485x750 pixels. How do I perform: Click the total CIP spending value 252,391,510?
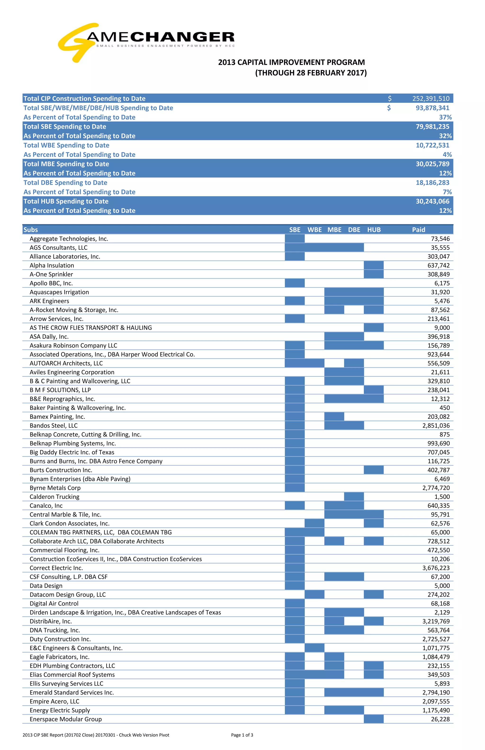pos(431,99)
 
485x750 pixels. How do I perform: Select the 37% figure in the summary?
pos(445,117)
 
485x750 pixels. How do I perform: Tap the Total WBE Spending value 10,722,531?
pos(432,145)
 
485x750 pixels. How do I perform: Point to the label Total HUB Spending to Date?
pos(66,201)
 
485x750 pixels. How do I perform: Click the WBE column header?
pos(315,230)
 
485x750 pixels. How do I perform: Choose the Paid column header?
pos(418,230)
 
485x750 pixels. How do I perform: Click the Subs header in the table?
pos(31,230)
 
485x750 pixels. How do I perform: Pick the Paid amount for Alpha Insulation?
pos(438,265)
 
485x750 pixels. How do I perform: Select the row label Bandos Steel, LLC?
pos(54,425)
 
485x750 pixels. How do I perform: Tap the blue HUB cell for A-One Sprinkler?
pos(373,274)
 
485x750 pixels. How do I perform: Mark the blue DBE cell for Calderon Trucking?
pos(354,497)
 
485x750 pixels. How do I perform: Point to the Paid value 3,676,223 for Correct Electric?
pos(436,568)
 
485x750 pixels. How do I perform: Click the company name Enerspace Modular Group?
pos(66,719)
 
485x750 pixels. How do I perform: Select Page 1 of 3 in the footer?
pos(242,735)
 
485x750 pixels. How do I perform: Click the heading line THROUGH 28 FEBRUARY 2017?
pos(311,73)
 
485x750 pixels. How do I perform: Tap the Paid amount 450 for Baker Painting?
pos(444,408)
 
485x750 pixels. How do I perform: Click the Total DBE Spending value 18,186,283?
pos(432,183)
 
